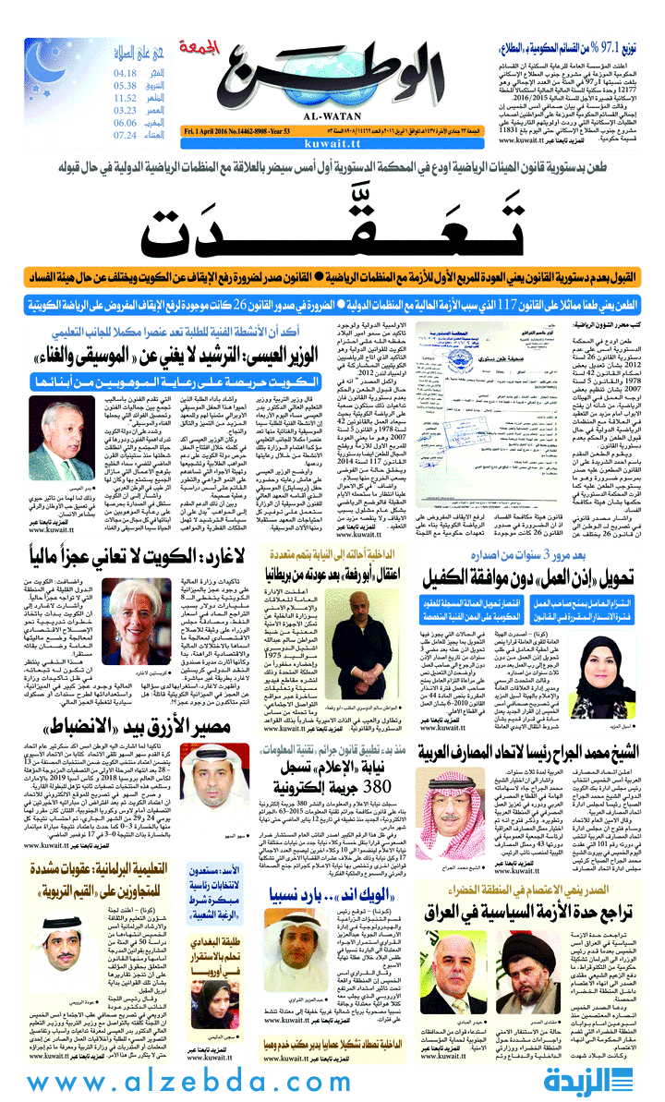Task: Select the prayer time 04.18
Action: click(x=126, y=72)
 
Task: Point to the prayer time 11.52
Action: click(x=126, y=98)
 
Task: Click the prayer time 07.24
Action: click(x=126, y=136)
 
